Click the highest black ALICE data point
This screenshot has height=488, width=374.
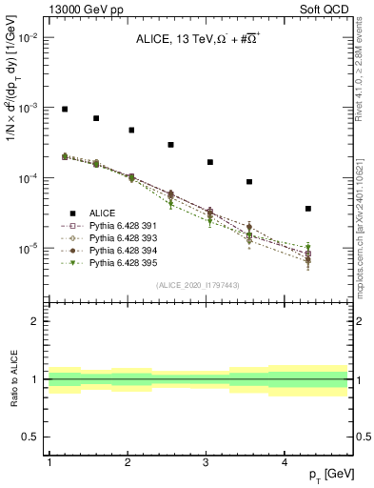pos(65,110)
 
